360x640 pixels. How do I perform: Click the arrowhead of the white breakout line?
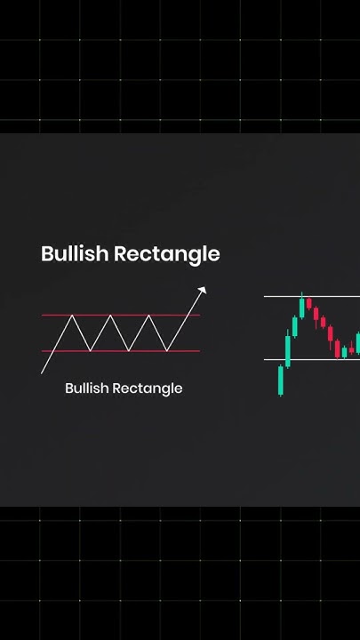pos(204,289)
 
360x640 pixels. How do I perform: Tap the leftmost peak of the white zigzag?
pos(71,316)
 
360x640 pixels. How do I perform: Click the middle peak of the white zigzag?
pos(110,316)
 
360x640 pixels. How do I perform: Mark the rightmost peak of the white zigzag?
pos(148,316)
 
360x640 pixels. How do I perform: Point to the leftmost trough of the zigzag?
pos(91,350)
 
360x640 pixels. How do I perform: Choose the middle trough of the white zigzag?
pos(129,350)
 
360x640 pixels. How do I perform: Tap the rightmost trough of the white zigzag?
pos(167,350)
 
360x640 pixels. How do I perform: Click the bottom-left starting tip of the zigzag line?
pos(43,372)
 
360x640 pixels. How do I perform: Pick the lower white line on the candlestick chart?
pos(311,359)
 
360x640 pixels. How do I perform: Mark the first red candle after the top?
pos(308,305)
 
